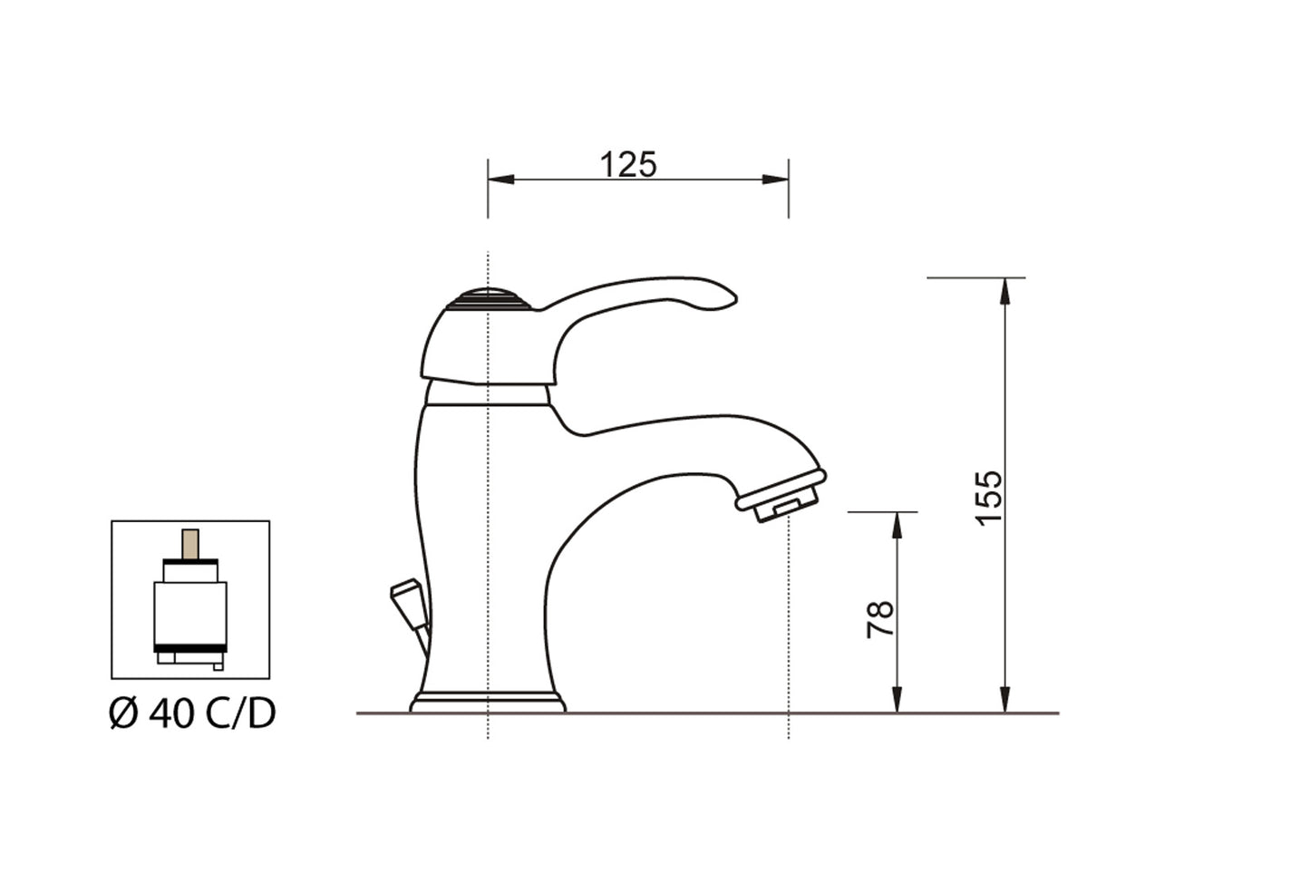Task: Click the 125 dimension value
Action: (627, 165)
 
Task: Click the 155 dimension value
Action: (989, 495)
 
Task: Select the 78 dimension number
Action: (880, 619)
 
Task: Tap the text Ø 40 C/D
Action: (192, 714)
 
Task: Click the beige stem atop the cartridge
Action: (190, 544)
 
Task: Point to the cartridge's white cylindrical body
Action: (190, 612)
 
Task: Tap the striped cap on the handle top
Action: (490, 299)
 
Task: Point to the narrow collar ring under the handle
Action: (488, 393)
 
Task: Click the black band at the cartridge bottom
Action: (190, 647)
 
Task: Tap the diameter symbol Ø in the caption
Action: (123, 714)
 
